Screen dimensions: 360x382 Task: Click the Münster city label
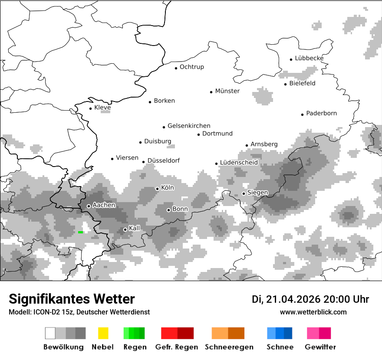pyautogui.click(x=227, y=91)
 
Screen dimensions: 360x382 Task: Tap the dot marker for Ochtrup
pyautogui.click(x=176, y=68)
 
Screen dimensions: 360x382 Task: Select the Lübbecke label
pyautogui.click(x=309, y=58)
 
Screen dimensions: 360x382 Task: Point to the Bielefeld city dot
pyautogui.click(x=285, y=84)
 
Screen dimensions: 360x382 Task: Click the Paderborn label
pyautogui.click(x=321, y=114)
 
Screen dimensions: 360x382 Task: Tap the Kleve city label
pyautogui.click(x=102, y=108)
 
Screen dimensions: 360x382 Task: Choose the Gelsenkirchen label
pyautogui.click(x=189, y=126)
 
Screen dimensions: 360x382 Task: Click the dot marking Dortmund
pyautogui.click(x=198, y=134)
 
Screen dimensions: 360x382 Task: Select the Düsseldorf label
pyautogui.click(x=163, y=160)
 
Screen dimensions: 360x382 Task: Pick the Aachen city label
pyautogui.click(x=104, y=205)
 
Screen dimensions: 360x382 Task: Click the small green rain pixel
pyautogui.click(x=80, y=232)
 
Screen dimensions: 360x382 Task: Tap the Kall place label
pyautogui.click(x=135, y=228)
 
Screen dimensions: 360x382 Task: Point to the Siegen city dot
pyautogui.click(x=244, y=193)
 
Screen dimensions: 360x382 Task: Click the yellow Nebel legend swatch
pyautogui.click(x=103, y=333)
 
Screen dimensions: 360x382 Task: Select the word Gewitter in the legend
pyautogui.click(x=320, y=347)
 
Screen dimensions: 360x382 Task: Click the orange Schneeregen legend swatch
pyautogui.click(x=228, y=333)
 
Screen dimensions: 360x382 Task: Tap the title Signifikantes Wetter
pyautogui.click(x=72, y=299)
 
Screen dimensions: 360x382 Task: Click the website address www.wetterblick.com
pyautogui.click(x=313, y=312)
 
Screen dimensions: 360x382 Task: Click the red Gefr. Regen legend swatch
pyautogui.click(x=177, y=333)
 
